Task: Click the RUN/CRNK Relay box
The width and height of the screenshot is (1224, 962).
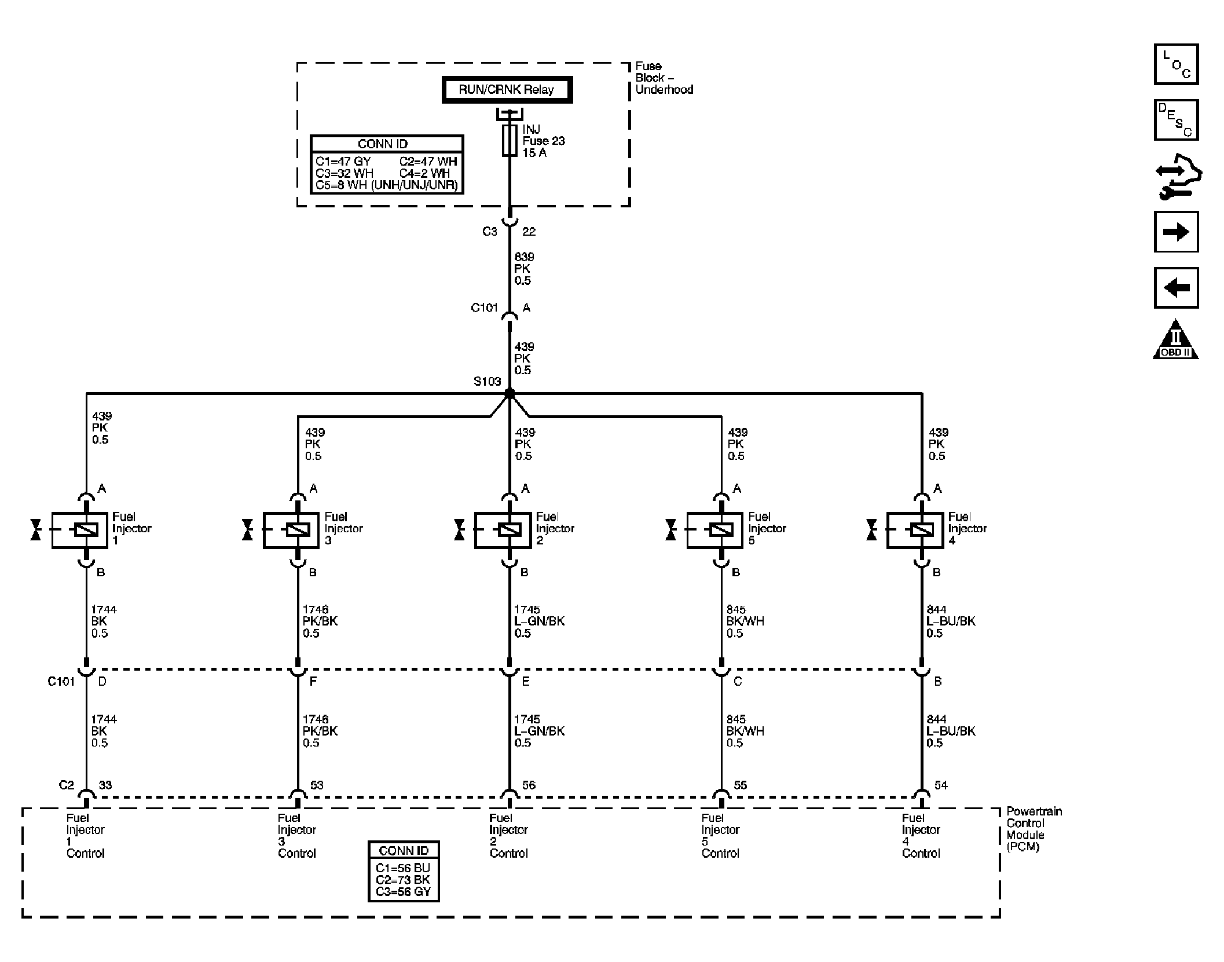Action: tap(507, 90)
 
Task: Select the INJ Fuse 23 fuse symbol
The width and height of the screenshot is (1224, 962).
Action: tap(510, 140)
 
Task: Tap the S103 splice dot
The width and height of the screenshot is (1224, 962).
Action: tap(510, 393)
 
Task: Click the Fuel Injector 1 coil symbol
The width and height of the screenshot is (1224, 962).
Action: tap(86, 529)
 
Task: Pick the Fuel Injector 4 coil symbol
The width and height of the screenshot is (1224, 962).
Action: tap(921, 529)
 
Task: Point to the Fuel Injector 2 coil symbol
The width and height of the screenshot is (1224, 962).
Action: tap(510, 529)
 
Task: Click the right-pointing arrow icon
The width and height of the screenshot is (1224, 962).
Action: tap(1176, 232)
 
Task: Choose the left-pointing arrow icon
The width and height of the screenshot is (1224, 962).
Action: tap(1176, 287)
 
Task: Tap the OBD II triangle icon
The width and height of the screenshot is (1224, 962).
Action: tap(1176, 341)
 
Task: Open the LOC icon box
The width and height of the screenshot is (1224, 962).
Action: tap(1176, 64)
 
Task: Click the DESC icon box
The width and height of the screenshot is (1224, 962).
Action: tap(1176, 120)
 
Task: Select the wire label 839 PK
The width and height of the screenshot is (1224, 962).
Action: tap(524, 262)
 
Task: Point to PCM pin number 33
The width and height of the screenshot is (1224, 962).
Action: tap(105, 785)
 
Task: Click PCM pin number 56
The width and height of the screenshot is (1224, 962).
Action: tap(529, 785)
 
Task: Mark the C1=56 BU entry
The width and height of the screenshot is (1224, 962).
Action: tap(403, 868)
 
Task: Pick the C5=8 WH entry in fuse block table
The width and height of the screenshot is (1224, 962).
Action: tap(386, 185)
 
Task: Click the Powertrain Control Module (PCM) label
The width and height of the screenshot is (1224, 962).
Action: tap(1034, 829)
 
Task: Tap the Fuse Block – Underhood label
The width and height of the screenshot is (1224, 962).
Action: tap(664, 78)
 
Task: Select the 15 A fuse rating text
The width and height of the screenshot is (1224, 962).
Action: tap(534, 153)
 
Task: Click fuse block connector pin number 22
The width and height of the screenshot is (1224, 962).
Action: tap(529, 232)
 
